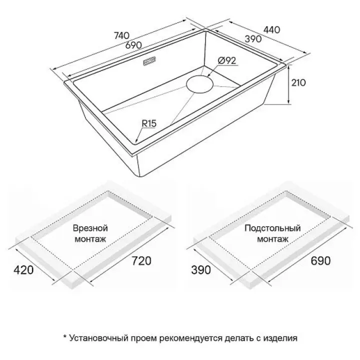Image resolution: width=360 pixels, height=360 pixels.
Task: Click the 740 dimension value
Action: click(x=121, y=35)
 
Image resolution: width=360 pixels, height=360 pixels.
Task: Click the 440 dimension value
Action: click(x=272, y=30)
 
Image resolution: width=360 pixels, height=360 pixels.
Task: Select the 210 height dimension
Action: click(x=298, y=82)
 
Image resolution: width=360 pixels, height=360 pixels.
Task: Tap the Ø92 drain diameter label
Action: click(x=227, y=60)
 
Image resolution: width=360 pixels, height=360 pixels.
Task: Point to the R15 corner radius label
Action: click(x=149, y=123)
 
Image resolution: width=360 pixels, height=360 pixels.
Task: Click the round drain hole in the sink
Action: click(x=200, y=84)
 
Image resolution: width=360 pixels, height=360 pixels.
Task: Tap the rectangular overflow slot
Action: click(x=149, y=61)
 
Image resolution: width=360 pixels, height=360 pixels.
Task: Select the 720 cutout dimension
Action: click(x=141, y=261)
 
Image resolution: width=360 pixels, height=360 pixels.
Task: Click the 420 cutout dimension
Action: click(x=23, y=270)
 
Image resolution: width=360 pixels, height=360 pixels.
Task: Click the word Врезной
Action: click(x=90, y=228)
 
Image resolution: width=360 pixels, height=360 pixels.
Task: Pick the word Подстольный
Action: click(x=272, y=228)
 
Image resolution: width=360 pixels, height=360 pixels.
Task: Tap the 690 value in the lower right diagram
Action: click(x=320, y=260)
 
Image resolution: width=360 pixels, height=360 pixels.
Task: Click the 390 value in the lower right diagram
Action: click(x=201, y=270)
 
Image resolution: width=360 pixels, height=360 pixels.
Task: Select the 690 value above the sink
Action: click(x=133, y=45)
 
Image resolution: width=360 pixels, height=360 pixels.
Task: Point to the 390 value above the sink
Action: click(x=253, y=39)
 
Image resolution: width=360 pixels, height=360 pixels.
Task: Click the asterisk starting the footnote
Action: click(x=64, y=337)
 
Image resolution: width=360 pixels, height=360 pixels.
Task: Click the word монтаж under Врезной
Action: click(x=90, y=239)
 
